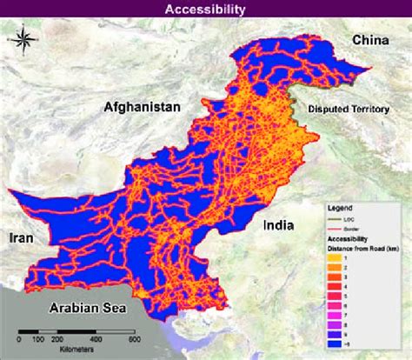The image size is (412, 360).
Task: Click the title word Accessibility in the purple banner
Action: [x=206, y=10]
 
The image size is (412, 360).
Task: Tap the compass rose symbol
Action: [x=26, y=39]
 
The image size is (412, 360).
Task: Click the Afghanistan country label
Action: [x=142, y=107]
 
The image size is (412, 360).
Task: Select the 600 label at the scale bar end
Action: [x=136, y=342]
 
